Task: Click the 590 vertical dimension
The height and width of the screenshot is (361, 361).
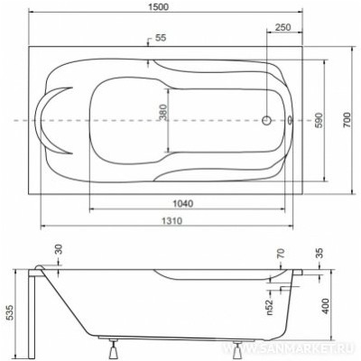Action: point(317,119)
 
